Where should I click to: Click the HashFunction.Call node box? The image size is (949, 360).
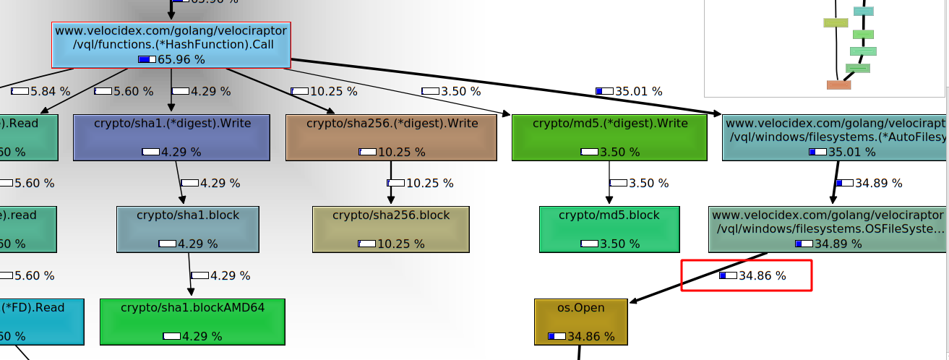click(x=171, y=45)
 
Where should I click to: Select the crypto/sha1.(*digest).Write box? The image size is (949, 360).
click(x=172, y=137)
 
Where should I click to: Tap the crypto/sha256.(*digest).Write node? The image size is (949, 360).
click(x=392, y=137)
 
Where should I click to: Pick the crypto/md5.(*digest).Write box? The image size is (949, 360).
click(x=610, y=137)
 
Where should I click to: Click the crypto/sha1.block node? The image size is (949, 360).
click(x=188, y=229)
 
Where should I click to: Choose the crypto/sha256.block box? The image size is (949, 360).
click(x=391, y=229)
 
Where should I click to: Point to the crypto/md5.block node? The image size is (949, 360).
click(x=609, y=229)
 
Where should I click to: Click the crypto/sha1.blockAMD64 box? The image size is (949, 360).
click(x=192, y=321)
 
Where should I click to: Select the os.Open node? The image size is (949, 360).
click(x=580, y=321)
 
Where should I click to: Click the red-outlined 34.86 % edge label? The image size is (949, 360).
click(x=746, y=275)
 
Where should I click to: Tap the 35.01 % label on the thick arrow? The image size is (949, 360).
click(x=629, y=91)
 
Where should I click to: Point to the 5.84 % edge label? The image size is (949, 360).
click(x=41, y=91)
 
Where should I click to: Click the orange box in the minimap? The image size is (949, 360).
click(x=838, y=85)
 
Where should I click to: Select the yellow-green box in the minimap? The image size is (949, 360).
click(x=835, y=22)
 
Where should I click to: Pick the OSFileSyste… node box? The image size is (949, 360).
click(x=828, y=229)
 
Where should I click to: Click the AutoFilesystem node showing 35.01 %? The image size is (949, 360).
click(x=836, y=137)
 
